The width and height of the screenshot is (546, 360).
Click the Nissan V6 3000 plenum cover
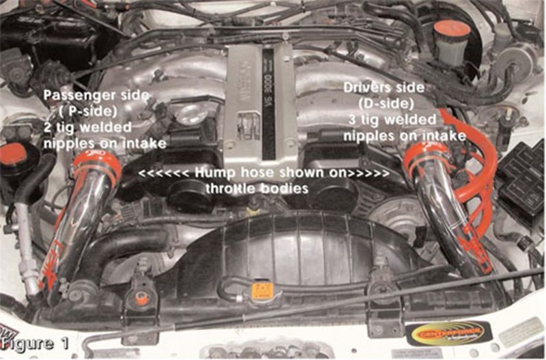pos(259,102)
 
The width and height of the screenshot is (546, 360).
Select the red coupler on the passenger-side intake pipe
pos(95,164)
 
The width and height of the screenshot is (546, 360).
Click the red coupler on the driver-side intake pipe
pos(424,158)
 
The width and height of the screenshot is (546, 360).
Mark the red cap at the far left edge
pos(12,154)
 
